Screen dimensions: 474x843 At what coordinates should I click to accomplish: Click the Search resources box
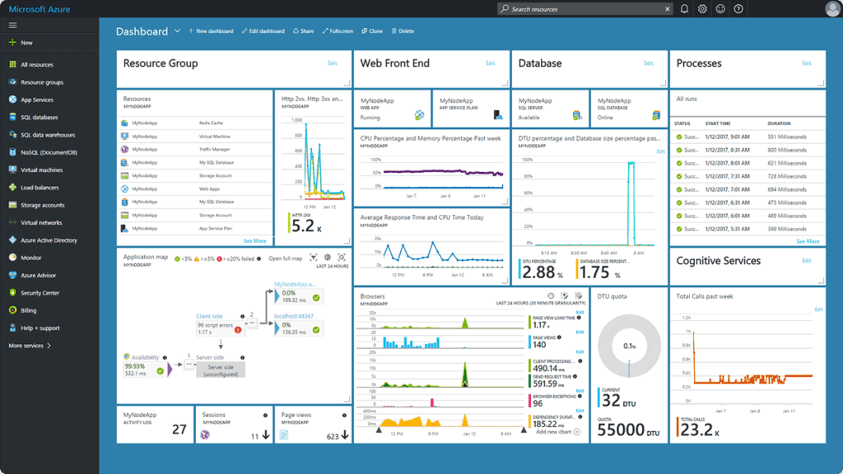(x=585, y=9)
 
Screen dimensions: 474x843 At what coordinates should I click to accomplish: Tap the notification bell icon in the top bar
(x=684, y=9)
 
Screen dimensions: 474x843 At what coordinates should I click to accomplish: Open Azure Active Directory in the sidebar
(x=49, y=240)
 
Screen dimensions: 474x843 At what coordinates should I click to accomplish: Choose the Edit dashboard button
(x=263, y=31)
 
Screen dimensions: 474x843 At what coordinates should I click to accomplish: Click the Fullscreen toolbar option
(x=338, y=31)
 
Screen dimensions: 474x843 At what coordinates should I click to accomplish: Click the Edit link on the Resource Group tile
(x=333, y=63)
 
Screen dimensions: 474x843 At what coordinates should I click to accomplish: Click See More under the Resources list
(x=254, y=241)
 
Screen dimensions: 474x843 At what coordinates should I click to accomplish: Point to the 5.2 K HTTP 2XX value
(x=303, y=226)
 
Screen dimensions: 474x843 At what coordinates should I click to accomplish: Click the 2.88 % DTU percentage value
(x=539, y=272)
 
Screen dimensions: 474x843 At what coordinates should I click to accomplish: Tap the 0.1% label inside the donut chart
(x=630, y=347)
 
